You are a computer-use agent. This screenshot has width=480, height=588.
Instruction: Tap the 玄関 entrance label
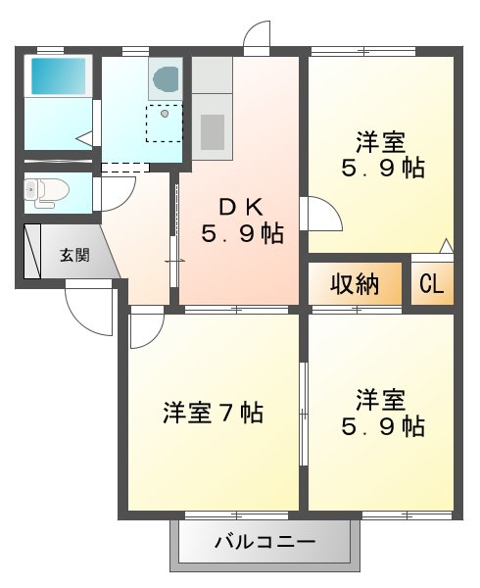click(74, 256)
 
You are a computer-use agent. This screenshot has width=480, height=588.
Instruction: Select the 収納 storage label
click(354, 284)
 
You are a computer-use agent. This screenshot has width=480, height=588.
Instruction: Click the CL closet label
click(432, 284)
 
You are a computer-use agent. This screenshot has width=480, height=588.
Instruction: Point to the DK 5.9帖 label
click(242, 220)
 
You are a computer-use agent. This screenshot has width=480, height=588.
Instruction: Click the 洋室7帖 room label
click(213, 413)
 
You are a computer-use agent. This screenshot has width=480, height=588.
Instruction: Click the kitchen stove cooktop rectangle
click(213, 129)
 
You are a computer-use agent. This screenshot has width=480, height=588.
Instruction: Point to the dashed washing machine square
click(164, 122)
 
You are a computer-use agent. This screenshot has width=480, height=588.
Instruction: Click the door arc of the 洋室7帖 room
click(144, 329)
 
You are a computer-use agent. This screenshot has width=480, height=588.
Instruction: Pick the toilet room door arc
click(112, 192)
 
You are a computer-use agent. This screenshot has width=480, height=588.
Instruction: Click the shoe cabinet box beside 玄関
click(32, 255)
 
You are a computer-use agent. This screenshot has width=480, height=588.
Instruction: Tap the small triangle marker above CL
click(447, 245)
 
